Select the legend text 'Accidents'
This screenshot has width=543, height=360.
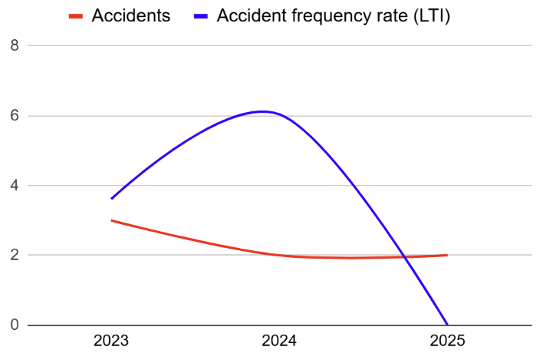click(130, 15)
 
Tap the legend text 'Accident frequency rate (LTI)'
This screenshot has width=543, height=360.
click(334, 15)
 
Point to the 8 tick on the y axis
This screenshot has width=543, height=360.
click(15, 46)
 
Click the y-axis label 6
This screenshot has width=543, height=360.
click(15, 116)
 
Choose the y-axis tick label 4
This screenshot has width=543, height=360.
click(15, 186)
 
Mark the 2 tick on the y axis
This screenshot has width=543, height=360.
click(15, 255)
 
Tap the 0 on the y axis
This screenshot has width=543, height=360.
click(15, 325)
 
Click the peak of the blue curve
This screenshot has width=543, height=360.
click(262, 111)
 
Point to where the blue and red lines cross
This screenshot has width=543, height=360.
click(404, 256)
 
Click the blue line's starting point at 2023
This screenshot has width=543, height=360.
click(112, 199)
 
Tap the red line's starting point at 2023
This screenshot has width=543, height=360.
click(112, 220)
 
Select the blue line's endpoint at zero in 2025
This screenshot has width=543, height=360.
click(447, 324)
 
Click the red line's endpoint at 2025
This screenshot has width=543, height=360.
click(447, 255)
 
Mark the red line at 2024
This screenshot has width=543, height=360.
click(279, 254)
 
